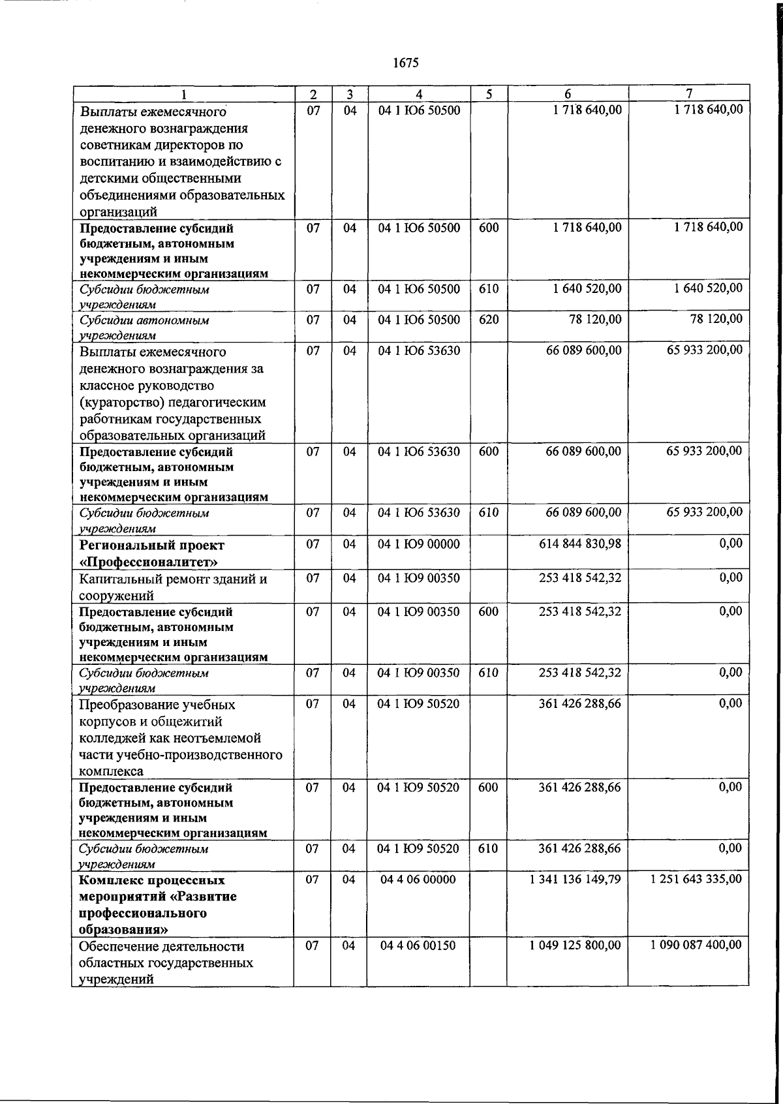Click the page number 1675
pyautogui.click(x=406, y=63)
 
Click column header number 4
pyautogui.click(x=419, y=95)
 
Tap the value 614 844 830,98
pyautogui.click(x=579, y=544)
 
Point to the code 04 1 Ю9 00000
pyautogui.click(x=419, y=544)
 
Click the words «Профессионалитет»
pyautogui.click(x=148, y=562)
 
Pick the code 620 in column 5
pyautogui.click(x=488, y=320)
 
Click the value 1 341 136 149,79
pyautogui.click(x=575, y=880)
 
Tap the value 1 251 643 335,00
pyautogui.click(x=696, y=880)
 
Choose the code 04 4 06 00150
pyautogui.click(x=419, y=945)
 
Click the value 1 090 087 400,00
pyautogui.click(x=696, y=945)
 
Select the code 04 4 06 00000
pyautogui.click(x=419, y=880)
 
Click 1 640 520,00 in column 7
pyautogui.click(x=708, y=288)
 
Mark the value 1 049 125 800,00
pyautogui.click(x=575, y=945)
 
